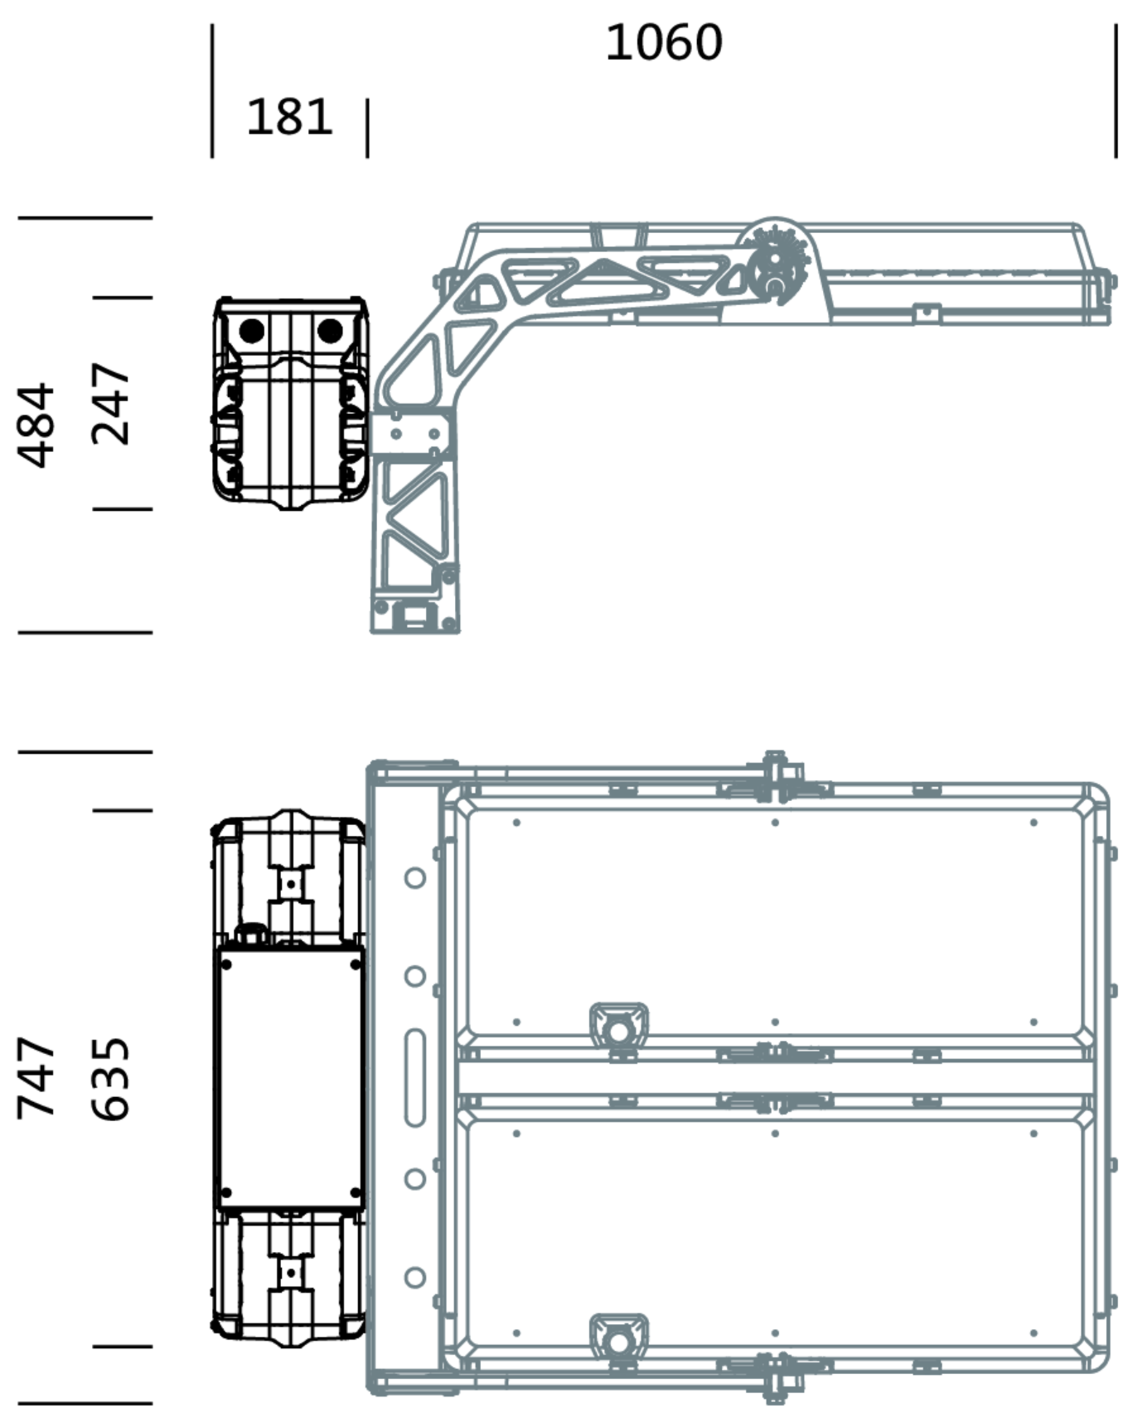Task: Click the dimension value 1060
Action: point(664,42)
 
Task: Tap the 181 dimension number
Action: point(289,117)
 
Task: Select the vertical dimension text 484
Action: point(36,425)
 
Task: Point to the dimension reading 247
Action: point(112,403)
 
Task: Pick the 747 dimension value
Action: point(36,1078)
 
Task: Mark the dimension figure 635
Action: point(112,1078)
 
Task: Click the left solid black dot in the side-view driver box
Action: point(251,331)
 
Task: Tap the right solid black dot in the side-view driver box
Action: point(330,331)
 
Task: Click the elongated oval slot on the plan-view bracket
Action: point(415,1077)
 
